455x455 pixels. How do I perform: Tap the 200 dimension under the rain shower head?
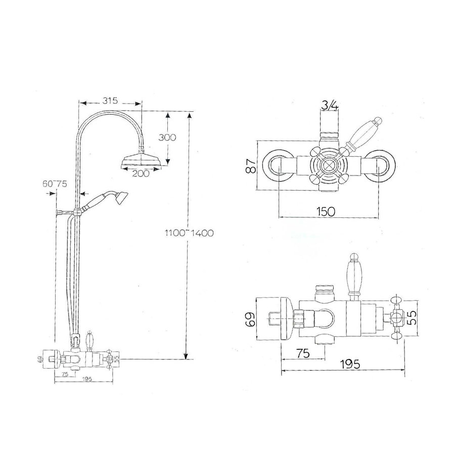click(x=140, y=173)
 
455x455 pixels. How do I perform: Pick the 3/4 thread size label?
click(x=330, y=105)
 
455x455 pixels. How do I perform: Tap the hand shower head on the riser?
click(x=120, y=198)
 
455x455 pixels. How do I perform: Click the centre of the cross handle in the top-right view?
click(x=327, y=165)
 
